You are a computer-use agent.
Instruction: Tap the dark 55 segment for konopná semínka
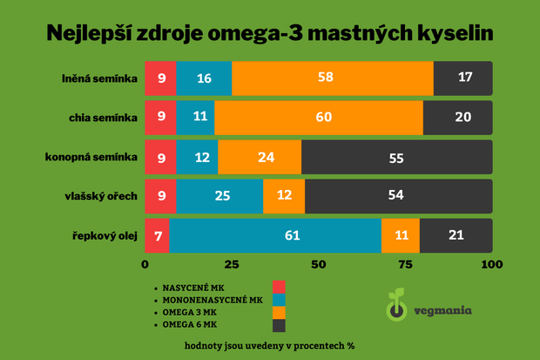pyautogui.click(x=396, y=157)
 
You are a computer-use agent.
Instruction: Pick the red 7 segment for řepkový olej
pyautogui.click(x=157, y=235)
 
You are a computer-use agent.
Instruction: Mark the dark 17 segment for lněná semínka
pyautogui.click(x=463, y=78)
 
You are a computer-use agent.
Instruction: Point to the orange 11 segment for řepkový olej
pyautogui.click(x=401, y=235)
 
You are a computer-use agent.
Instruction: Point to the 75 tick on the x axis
pyautogui.click(x=406, y=263)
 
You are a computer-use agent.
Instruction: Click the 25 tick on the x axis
pyautogui.click(x=233, y=263)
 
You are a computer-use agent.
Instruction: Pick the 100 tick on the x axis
pyautogui.click(x=492, y=263)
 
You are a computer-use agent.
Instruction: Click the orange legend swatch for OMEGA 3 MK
pyautogui.click(x=280, y=312)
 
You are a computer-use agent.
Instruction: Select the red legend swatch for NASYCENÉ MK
pyautogui.click(x=280, y=287)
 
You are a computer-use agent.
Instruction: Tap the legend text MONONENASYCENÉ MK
pyautogui.click(x=212, y=299)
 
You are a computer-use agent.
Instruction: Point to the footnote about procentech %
pyautogui.click(x=269, y=345)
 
